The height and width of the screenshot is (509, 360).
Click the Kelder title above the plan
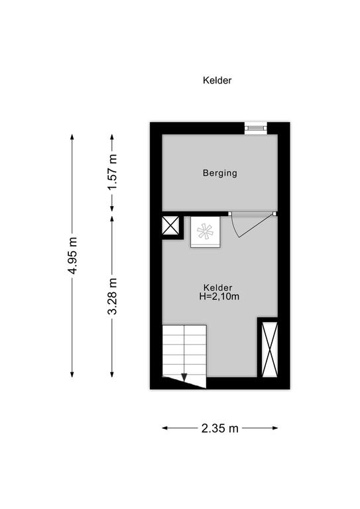pyautogui.click(x=217, y=80)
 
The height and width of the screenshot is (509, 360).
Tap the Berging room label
pyautogui.click(x=219, y=173)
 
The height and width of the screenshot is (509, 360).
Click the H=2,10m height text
pyautogui.click(x=219, y=296)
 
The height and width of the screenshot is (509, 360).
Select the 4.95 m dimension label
pyautogui.click(x=73, y=255)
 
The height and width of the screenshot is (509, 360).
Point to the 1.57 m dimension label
pyautogui.click(x=113, y=172)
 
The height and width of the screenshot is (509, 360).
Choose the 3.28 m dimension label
pyautogui.click(x=113, y=296)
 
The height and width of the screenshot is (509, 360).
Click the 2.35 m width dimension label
pyautogui.click(x=219, y=428)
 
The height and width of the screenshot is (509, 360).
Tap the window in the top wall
pyautogui.click(x=255, y=128)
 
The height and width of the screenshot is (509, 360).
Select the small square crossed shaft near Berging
pyautogui.click(x=170, y=225)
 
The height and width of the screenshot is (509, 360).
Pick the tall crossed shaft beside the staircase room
pyautogui.click(x=269, y=349)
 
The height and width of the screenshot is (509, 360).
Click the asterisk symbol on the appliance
pyautogui.click(x=205, y=231)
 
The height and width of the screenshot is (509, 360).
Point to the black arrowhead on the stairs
pyautogui.click(x=184, y=377)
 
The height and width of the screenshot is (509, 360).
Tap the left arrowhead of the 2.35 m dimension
pyautogui.click(x=165, y=428)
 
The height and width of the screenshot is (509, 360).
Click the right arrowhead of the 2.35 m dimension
pyautogui.click(x=275, y=428)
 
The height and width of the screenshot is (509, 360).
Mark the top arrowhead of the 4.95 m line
pyautogui.click(x=72, y=137)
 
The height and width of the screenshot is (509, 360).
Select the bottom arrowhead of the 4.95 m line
pyautogui.click(x=72, y=374)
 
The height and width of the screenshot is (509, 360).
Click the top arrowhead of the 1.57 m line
pyautogui.click(x=112, y=137)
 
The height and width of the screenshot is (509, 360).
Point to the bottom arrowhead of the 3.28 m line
pyautogui.click(x=112, y=374)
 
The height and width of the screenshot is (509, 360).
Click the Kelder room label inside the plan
pyautogui.click(x=218, y=288)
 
